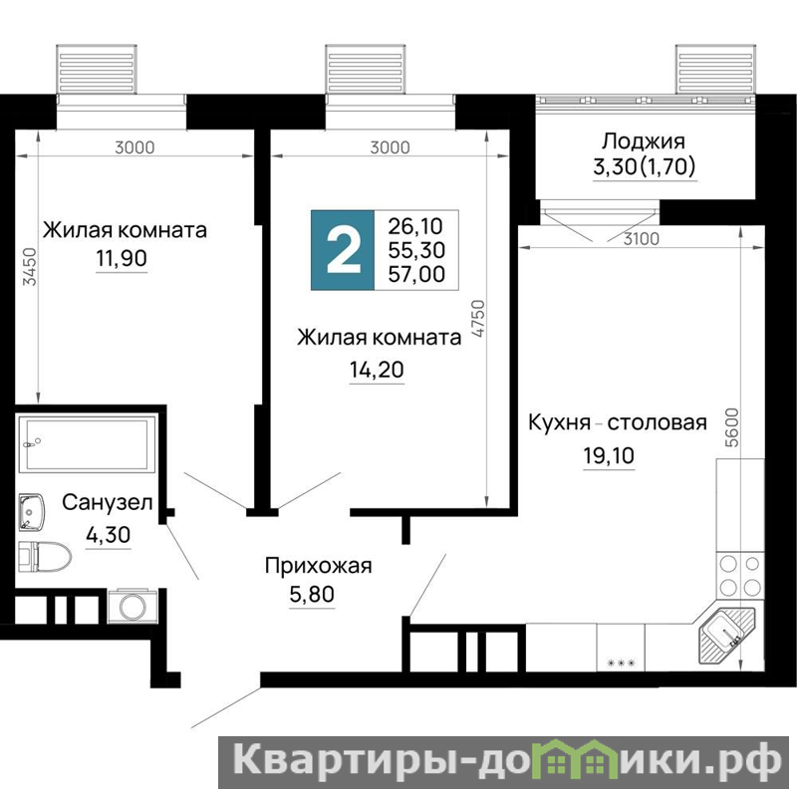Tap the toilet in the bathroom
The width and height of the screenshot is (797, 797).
click(x=45, y=556)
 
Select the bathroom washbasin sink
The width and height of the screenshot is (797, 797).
click(x=32, y=512)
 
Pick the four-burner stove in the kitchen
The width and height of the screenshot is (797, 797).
click(x=739, y=576)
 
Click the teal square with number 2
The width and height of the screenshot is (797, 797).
click(x=343, y=250)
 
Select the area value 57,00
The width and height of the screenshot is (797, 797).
click(x=416, y=275)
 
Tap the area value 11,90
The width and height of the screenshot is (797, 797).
click(x=122, y=258)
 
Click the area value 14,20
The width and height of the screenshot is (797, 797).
click(x=377, y=370)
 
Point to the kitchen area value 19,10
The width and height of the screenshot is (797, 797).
click(x=609, y=456)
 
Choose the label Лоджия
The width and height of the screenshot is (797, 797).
click(x=644, y=140)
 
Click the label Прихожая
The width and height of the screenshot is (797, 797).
click(x=318, y=566)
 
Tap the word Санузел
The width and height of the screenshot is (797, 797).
click(x=108, y=503)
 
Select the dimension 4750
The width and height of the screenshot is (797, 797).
click(x=479, y=319)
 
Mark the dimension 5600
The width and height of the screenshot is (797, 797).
click(x=732, y=427)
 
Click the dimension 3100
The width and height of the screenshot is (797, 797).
click(x=641, y=238)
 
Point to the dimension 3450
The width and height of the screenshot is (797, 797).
click(x=31, y=266)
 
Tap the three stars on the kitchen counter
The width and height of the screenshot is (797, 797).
click(x=621, y=663)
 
